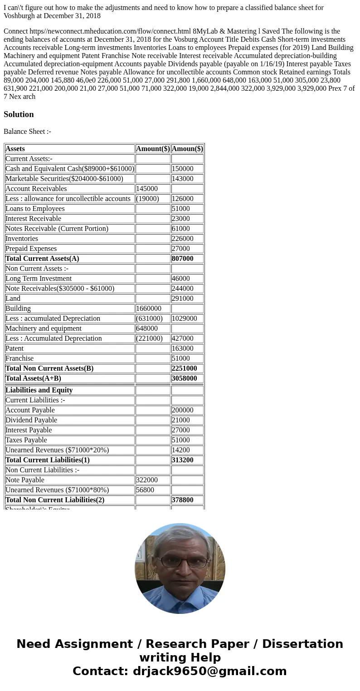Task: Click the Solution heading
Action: point(19,114)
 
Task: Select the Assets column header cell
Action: point(15,149)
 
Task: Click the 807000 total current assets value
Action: point(182,259)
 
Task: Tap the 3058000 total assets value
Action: point(184,378)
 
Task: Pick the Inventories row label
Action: point(22,239)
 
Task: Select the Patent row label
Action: point(15,348)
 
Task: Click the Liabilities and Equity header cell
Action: point(39,390)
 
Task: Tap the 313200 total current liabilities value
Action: point(182,460)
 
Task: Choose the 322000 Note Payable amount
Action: point(147,480)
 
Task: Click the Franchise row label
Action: point(19,358)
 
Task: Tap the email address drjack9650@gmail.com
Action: point(209,671)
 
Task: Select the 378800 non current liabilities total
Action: point(182,500)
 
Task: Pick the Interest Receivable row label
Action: point(33,219)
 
